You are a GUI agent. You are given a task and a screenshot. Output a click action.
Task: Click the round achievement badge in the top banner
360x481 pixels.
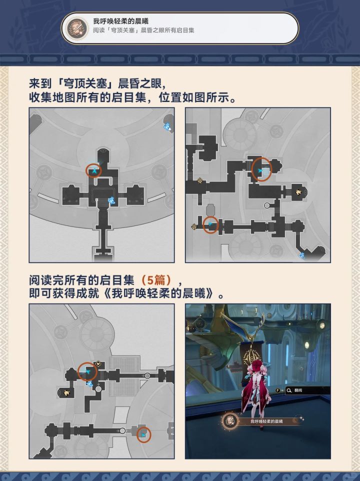[x=75, y=28]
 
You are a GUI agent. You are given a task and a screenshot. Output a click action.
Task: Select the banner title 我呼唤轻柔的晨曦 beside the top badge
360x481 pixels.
[x=120, y=21]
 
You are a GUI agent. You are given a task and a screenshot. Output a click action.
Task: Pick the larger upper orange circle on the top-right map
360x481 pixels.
[x=261, y=169]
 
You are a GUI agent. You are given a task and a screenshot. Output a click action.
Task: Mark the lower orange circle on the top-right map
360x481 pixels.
[x=211, y=224]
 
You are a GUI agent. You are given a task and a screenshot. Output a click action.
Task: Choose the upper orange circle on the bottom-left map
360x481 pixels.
[x=87, y=371]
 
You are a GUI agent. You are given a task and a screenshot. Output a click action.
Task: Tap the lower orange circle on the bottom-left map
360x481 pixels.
[x=143, y=434]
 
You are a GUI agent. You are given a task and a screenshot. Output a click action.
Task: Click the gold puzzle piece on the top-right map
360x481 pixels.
[x=298, y=192]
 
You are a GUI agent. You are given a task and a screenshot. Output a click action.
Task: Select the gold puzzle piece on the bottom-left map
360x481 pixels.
[x=66, y=392]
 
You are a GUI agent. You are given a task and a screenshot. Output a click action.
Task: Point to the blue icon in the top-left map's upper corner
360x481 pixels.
[x=167, y=126]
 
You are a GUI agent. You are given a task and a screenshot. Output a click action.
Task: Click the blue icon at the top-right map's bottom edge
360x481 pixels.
[x=302, y=255]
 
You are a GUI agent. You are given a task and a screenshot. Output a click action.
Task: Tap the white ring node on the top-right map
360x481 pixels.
[x=267, y=205]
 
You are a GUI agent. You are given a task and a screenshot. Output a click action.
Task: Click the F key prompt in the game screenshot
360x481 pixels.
[x=278, y=390]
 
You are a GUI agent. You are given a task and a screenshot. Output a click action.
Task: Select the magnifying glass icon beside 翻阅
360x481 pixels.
[x=288, y=390]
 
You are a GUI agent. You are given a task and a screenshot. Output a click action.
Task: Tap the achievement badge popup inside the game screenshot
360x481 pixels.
[x=230, y=421]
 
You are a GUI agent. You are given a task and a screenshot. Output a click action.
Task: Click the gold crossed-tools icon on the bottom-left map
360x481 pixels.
[x=98, y=364]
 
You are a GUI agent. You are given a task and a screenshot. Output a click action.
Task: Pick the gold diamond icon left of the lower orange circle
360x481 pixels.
[x=194, y=226]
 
